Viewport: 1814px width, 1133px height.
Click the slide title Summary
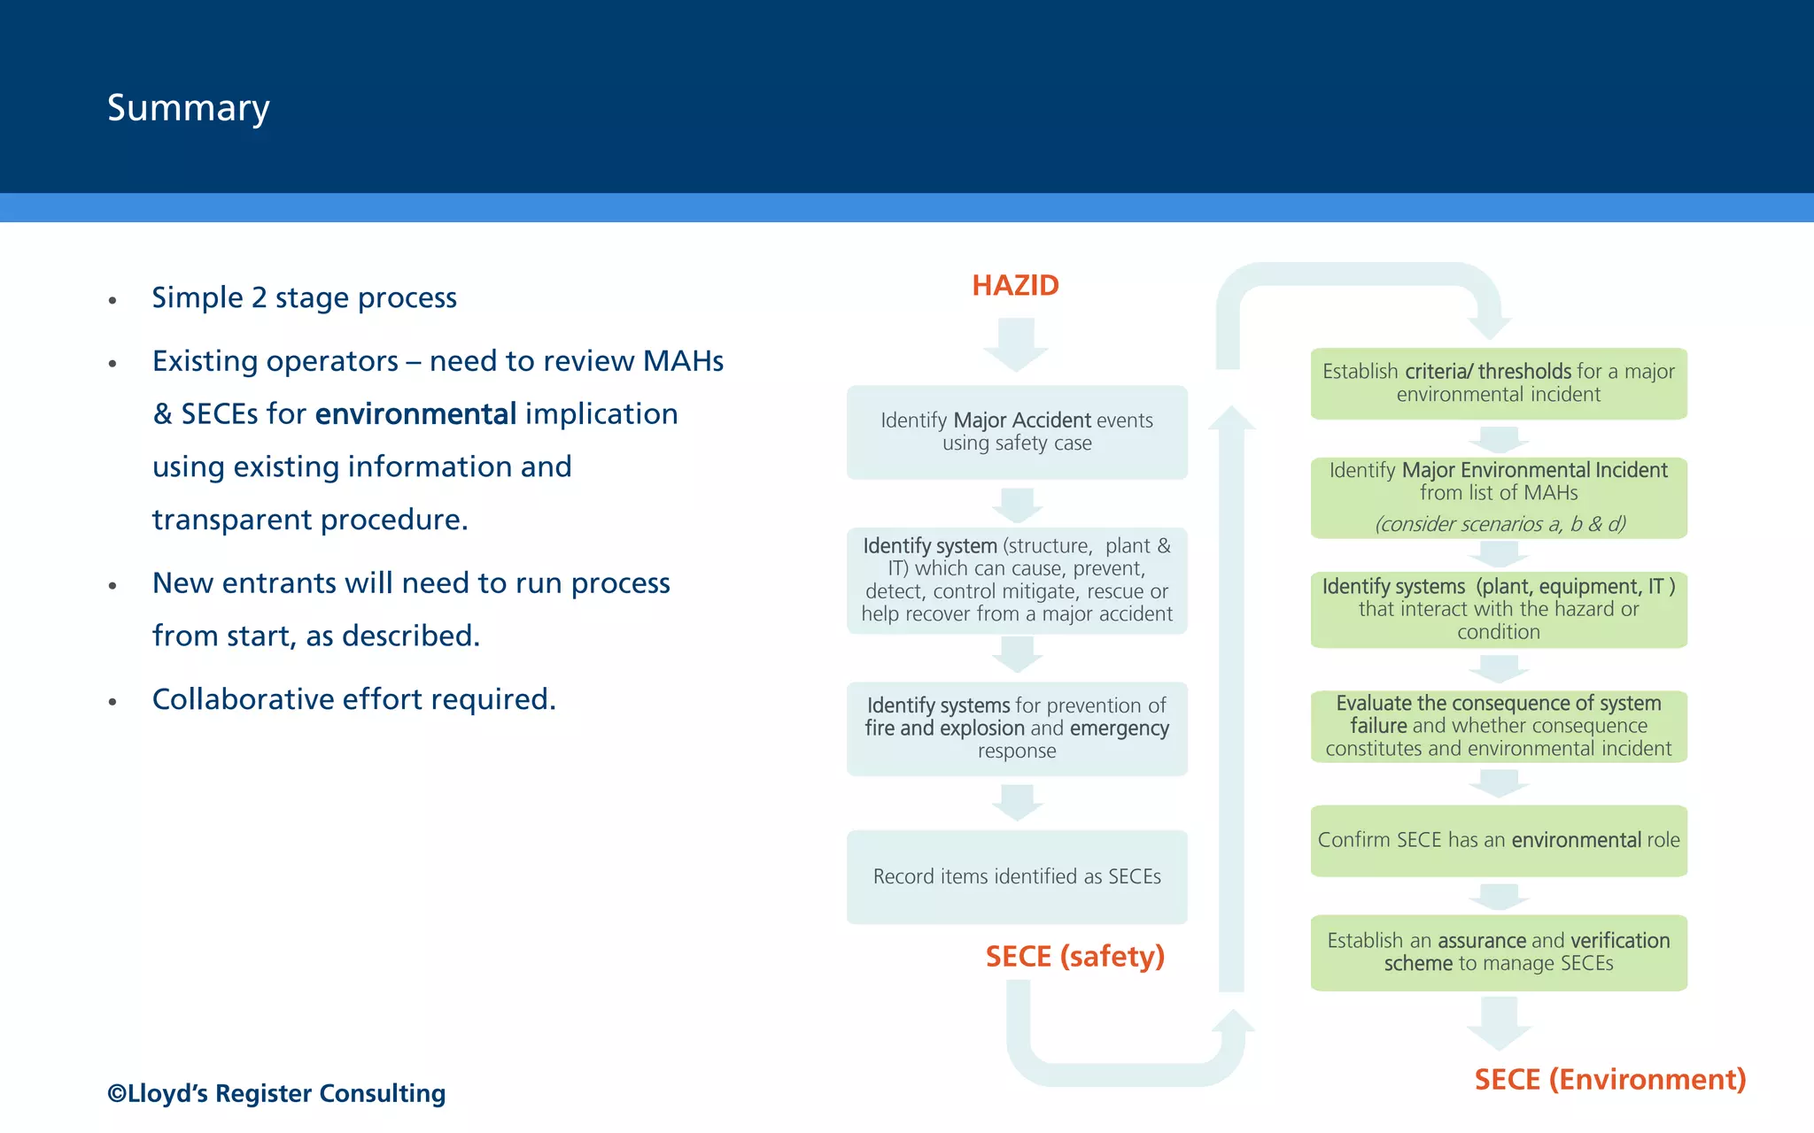point(188,108)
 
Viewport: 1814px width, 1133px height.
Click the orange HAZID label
point(1015,286)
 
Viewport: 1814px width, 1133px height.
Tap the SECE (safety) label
point(1074,957)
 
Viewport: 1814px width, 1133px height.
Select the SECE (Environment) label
point(1609,1080)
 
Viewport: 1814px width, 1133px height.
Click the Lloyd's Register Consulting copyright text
point(276,1094)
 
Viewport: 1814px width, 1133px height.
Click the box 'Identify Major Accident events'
point(1017,432)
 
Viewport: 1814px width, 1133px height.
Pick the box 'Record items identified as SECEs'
point(1017,876)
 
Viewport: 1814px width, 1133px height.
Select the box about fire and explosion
point(1017,728)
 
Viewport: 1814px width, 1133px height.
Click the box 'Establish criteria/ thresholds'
point(1498,383)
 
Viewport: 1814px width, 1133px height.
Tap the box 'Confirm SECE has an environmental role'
point(1498,840)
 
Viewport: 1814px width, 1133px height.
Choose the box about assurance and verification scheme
point(1498,952)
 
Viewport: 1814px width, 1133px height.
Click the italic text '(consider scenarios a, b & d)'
point(1500,524)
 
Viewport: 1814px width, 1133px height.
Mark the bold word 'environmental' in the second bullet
point(415,414)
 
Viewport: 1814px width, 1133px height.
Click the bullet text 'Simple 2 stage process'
point(304,298)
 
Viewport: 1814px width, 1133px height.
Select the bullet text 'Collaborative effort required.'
point(353,700)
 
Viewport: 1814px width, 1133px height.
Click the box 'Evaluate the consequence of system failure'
point(1498,726)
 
